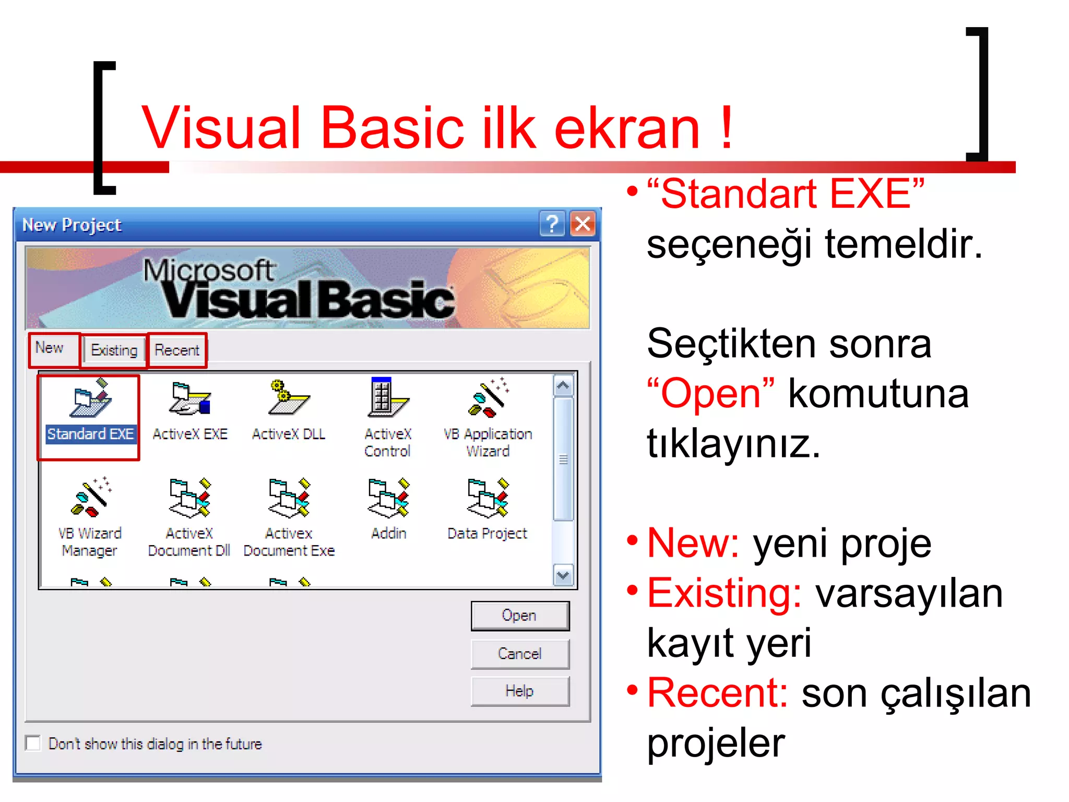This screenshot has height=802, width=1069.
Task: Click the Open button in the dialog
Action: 519,616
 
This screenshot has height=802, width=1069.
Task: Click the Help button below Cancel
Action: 519,691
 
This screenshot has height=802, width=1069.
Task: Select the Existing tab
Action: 114,350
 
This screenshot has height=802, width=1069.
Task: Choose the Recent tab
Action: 177,350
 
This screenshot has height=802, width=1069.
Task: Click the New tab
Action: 50,348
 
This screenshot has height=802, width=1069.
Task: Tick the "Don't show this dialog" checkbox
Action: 33,743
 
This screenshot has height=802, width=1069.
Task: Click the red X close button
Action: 583,225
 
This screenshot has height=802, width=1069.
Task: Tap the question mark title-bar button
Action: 552,225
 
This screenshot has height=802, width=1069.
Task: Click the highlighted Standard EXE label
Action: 90,434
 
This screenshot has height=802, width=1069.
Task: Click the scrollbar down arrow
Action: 563,575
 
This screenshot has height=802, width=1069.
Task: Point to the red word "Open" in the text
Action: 710,394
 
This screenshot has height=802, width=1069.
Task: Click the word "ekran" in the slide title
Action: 626,128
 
